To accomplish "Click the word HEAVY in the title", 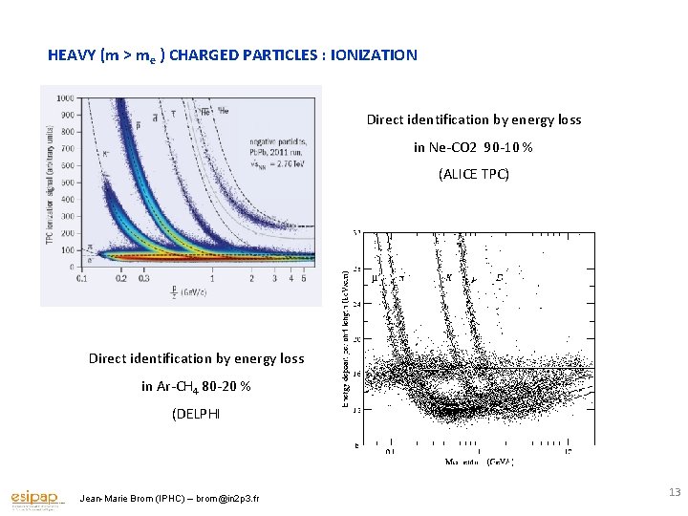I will click(x=71, y=55).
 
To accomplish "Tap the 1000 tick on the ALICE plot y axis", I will click(x=66, y=98).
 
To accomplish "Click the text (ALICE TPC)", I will click(x=473, y=174).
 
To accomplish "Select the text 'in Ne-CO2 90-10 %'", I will click(x=473, y=147).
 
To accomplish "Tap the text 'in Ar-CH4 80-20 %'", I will click(x=196, y=386).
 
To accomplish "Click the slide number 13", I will click(x=675, y=492).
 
